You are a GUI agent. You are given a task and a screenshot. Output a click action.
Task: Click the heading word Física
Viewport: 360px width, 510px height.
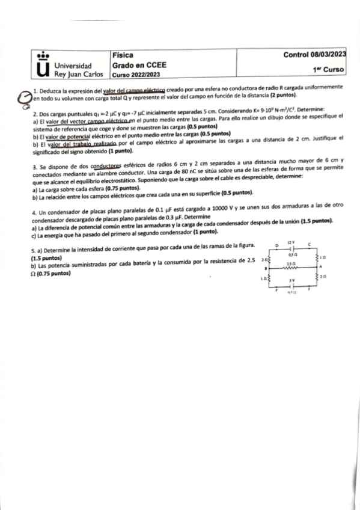point(122,55)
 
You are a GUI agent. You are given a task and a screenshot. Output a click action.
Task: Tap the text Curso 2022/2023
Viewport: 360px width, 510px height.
point(136,75)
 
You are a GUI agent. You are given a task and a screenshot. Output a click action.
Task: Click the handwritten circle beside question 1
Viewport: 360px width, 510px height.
point(24,96)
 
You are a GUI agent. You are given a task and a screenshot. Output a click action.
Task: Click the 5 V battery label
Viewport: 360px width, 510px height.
point(291,280)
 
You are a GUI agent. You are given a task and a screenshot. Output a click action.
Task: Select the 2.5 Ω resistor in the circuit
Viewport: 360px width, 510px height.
point(291,268)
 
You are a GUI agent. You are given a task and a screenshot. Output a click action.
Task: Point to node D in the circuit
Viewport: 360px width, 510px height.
point(276,245)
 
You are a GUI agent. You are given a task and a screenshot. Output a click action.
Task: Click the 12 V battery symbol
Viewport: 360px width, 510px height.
point(291,248)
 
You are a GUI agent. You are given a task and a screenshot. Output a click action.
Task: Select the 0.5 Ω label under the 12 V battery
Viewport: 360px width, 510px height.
point(291,255)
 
